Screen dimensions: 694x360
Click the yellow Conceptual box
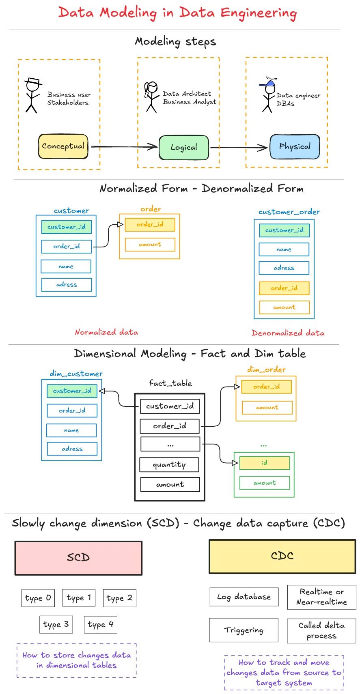[63, 146]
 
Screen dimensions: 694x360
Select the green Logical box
[183, 147]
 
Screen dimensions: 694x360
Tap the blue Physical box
[295, 146]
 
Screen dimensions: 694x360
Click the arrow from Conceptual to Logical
[124, 146]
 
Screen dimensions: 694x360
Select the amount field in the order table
[150, 244]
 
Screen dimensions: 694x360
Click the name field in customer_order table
[284, 249]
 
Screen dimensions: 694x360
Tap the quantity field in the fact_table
[169, 464]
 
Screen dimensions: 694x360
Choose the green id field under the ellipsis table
[264, 462]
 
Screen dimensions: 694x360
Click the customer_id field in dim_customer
[72, 391]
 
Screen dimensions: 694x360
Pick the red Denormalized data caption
[288, 333]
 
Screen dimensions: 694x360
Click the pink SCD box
[78, 558]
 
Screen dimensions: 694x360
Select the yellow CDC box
[282, 556]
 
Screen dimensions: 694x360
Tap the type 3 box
[56, 624]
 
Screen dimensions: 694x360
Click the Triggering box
[244, 630]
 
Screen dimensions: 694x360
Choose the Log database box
[244, 597]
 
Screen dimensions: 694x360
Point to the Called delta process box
[321, 630]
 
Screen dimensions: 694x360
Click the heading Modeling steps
[175, 41]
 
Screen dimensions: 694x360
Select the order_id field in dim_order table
[266, 387]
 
